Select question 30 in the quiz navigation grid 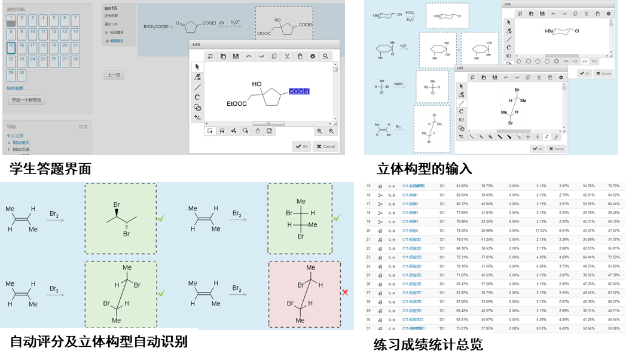[22, 74]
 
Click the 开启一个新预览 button [26, 100]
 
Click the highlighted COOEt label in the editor [299, 91]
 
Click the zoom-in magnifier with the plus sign [320, 131]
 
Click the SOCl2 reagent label [410, 12]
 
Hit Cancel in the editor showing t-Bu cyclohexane [603, 73]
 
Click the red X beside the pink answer [345, 292]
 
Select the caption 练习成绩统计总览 [427, 344]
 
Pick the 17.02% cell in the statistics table [525, 230]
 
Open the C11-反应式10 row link [413, 319]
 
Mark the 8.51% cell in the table [525, 328]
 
